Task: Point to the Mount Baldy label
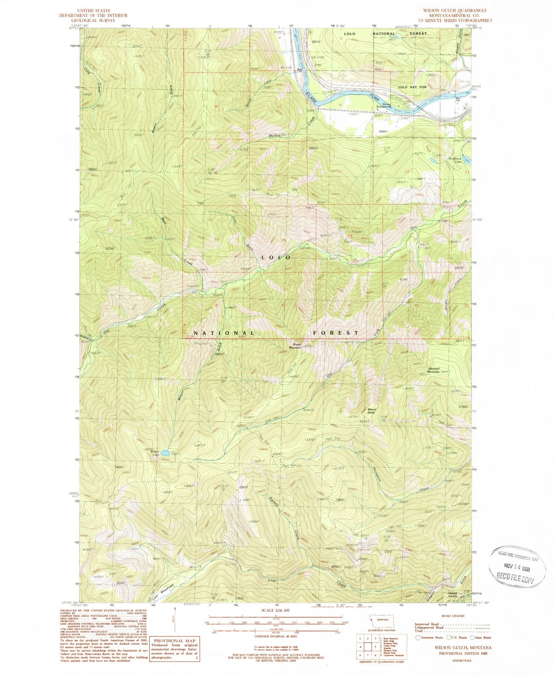click(x=371, y=411)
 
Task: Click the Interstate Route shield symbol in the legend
click(x=418, y=638)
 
